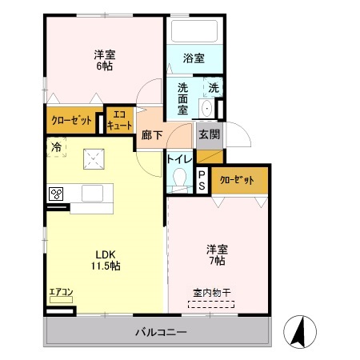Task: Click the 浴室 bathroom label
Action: coord(195,58)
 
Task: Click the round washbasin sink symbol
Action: coord(207,108)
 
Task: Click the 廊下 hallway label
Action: coord(151,135)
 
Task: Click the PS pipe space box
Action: coord(202,180)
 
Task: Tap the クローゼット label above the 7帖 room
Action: coord(237,180)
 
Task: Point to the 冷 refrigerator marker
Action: coord(57,146)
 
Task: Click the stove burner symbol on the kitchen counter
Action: coord(57,194)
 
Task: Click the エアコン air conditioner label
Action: coord(60,292)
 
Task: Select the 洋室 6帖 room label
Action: coord(104,60)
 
